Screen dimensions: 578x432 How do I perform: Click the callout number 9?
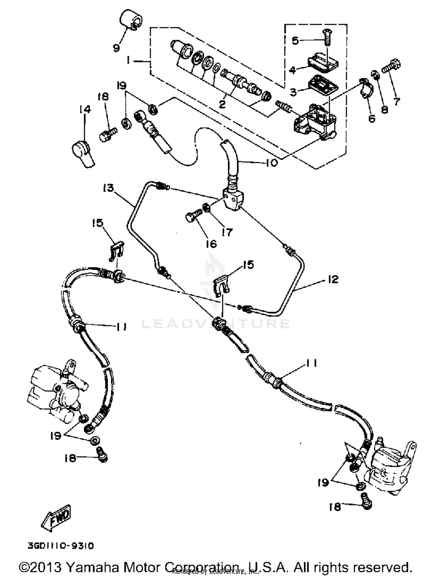point(116,48)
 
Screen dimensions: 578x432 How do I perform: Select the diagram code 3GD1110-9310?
point(61,546)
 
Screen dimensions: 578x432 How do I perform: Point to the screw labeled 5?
point(327,37)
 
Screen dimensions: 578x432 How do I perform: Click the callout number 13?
point(107,188)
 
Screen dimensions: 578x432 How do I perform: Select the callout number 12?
point(333,279)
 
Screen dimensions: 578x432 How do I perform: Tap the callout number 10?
point(271,163)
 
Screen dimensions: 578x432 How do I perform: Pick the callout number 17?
point(227,232)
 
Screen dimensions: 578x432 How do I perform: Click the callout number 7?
point(397,102)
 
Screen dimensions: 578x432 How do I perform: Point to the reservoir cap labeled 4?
point(323,62)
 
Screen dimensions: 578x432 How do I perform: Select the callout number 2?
point(222,104)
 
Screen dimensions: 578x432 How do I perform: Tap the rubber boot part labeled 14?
point(83,153)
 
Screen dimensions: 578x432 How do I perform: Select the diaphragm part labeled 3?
point(323,83)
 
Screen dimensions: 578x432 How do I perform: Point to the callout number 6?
point(372,118)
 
